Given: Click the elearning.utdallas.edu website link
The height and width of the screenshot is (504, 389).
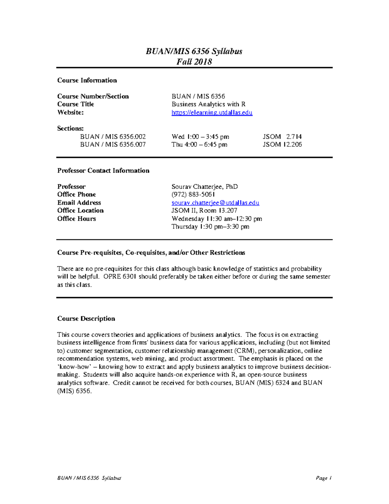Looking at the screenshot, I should (x=212, y=112).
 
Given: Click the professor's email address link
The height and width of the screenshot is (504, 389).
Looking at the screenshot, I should (x=215, y=203).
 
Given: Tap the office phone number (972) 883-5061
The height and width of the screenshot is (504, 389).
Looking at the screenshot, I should (x=193, y=194).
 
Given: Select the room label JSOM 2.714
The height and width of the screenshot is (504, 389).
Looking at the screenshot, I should (x=282, y=137).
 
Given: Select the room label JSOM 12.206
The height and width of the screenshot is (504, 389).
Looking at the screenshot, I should (x=282, y=144).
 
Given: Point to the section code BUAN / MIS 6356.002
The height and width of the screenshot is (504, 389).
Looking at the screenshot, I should (x=113, y=137).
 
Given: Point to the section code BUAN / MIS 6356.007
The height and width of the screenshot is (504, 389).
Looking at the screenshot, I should (x=113, y=144).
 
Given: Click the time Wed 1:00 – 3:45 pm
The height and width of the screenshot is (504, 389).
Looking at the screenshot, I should (x=200, y=137).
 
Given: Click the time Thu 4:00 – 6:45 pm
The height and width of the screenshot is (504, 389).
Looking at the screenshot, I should (x=199, y=144).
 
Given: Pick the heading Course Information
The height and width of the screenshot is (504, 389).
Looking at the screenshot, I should (x=87, y=80).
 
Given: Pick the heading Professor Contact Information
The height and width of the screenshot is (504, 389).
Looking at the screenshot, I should (x=103, y=170).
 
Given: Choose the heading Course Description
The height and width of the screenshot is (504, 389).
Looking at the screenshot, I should (x=86, y=318).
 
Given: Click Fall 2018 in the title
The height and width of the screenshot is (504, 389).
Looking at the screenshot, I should (x=194, y=62).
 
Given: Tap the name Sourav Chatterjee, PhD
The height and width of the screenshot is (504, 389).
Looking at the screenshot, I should (x=205, y=187).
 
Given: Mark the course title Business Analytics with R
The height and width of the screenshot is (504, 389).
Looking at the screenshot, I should (x=208, y=104).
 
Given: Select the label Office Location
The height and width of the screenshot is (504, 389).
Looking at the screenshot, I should (x=80, y=210).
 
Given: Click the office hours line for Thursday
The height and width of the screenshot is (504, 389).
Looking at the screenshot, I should (x=210, y=227).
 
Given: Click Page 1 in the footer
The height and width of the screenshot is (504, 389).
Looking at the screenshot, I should (x=324, y=478).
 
